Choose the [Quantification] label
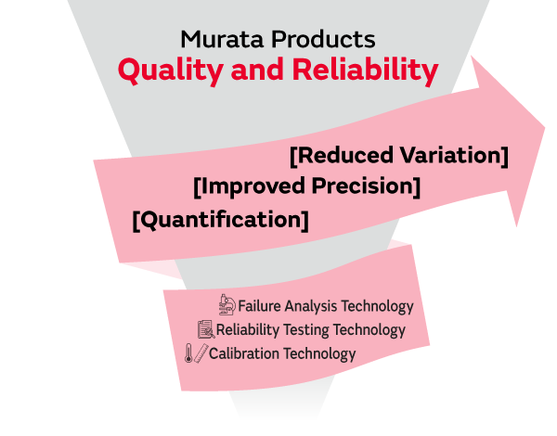click(x=220, y=220)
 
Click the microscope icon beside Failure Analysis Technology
click(x=227, y=304)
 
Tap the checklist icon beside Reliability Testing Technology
click(x=205, y=328)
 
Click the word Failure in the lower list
click(x=261, y=305)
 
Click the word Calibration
click(x=244, y=353)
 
